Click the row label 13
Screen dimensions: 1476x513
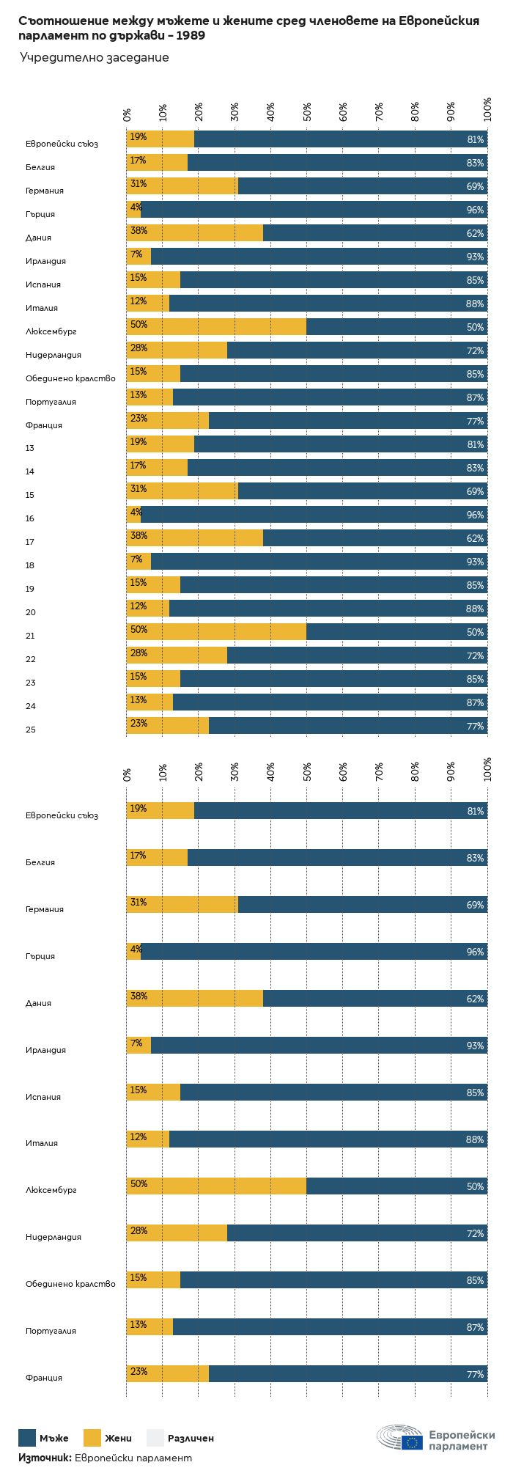coord(30,448)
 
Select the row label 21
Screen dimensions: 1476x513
coord(30,636)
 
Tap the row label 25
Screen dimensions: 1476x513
coord(30,730)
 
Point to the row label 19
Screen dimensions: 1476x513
coord(30,589)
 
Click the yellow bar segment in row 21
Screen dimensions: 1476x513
coord(216,631)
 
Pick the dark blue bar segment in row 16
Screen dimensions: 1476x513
coord(314,514)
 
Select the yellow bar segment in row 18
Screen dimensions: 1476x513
coord(139,561)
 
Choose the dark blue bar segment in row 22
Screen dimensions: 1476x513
coord(357,655)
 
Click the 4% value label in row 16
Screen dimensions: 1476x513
coord(136,513)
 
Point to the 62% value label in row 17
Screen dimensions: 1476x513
coord(475,538)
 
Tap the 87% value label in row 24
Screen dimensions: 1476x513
coord(475,702)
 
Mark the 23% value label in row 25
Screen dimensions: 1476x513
coord(139,724)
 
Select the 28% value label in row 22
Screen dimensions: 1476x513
coord(139,653)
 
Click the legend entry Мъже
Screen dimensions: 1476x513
coord(43,1438)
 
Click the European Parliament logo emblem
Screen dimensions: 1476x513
coord(400,1438)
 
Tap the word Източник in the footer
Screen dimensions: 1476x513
coord(44,1458)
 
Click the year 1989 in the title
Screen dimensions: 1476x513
coord(190,35)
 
